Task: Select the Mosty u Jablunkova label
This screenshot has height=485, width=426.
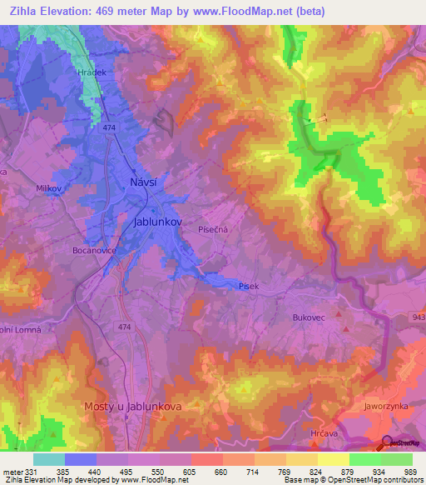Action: pyautogui.click(x=133, y=406)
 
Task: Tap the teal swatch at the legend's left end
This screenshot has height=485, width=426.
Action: pyautogui.click(x=48, y=460)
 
